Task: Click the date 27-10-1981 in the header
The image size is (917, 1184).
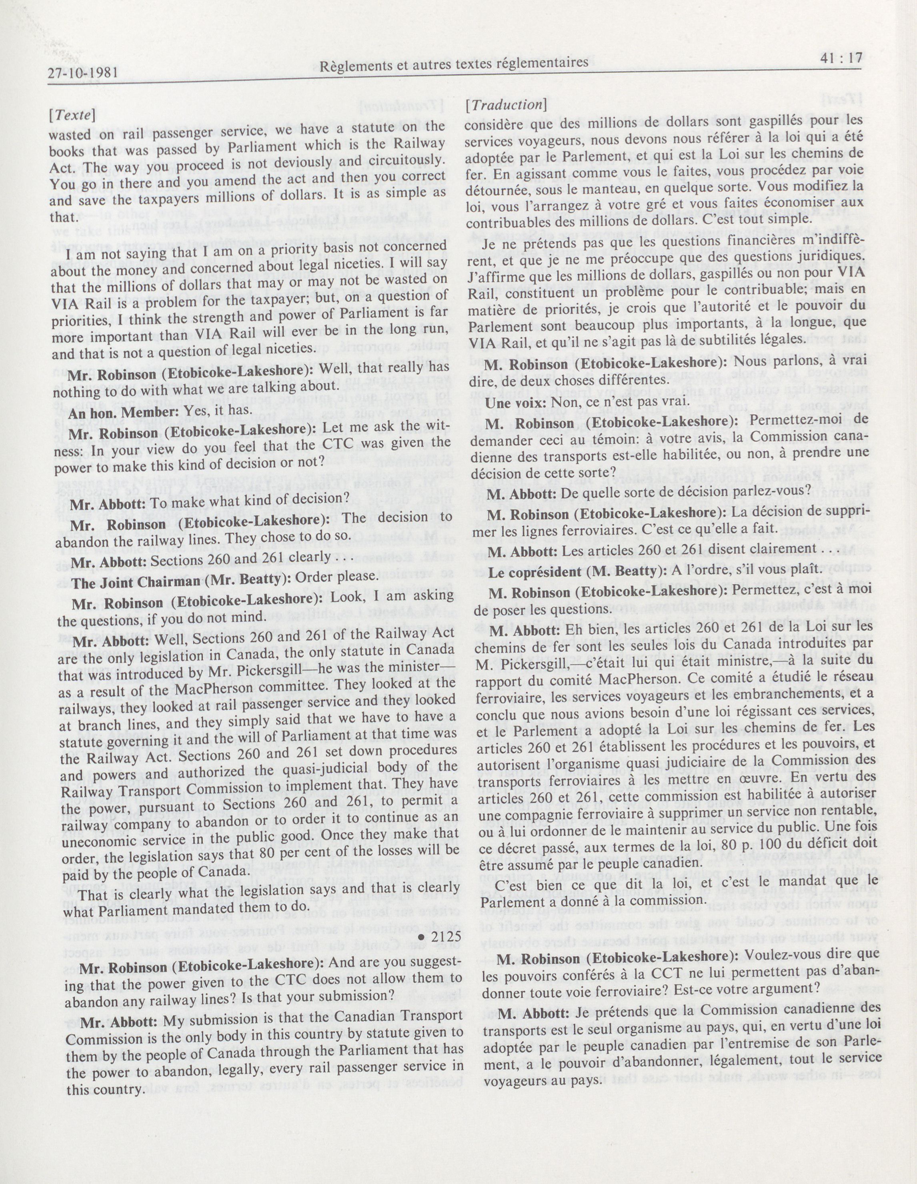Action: [83, 74]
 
